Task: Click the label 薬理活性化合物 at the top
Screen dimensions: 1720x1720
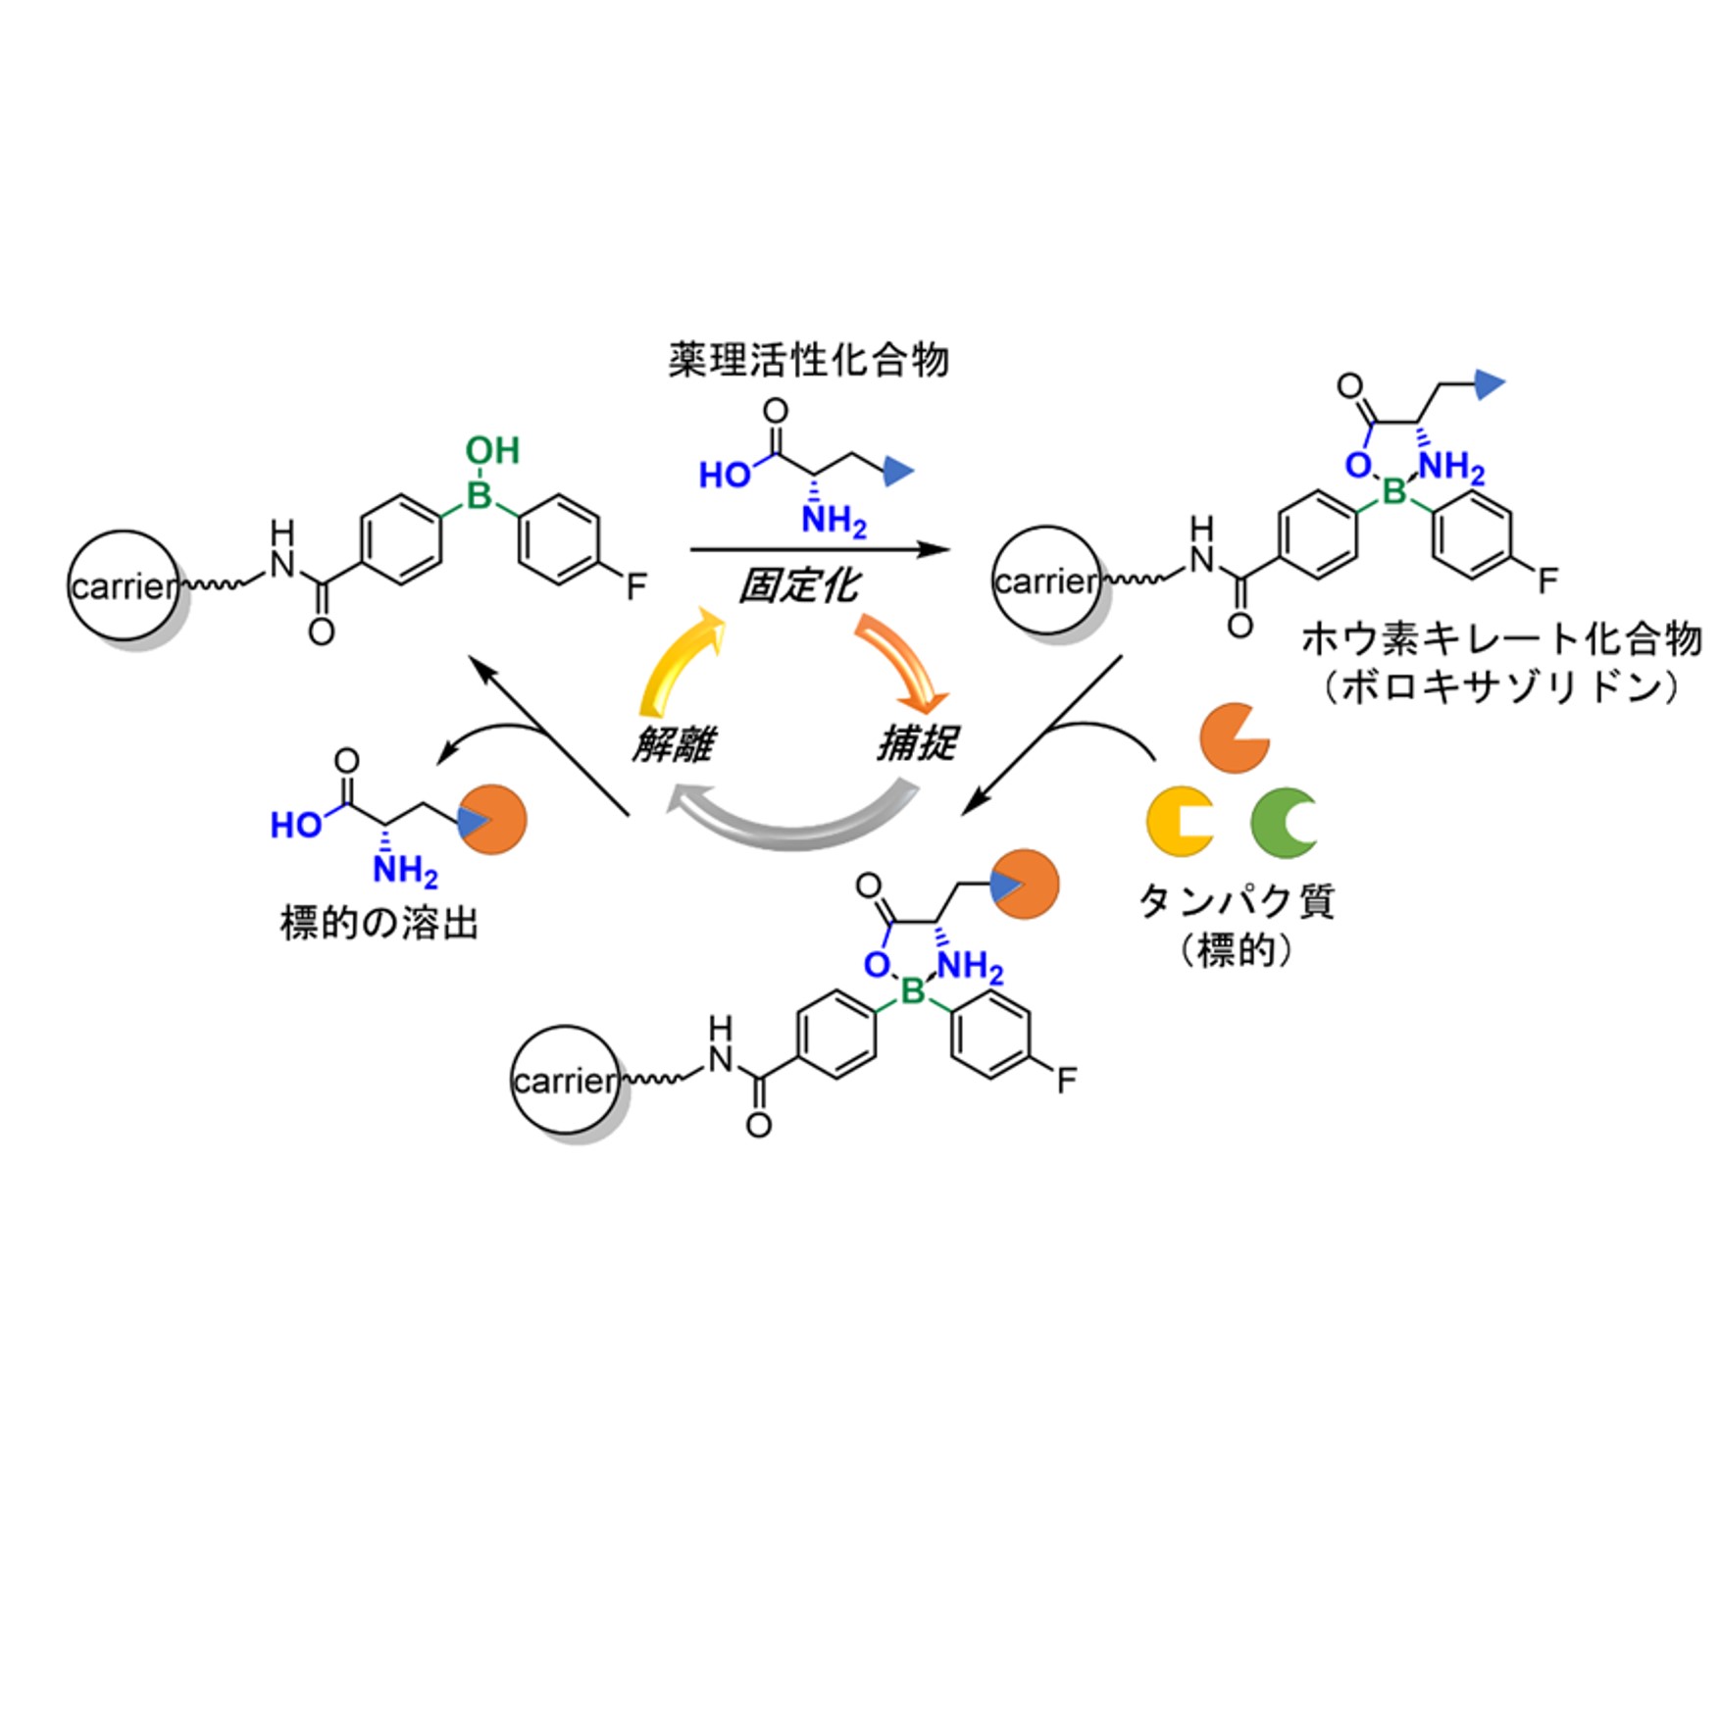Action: pyautogui.click(x=808, y=361)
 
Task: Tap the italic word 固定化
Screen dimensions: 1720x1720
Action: pyautogui.click(x=798, y=586)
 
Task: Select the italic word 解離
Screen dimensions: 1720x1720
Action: pyautogui.click(x=673, y=744)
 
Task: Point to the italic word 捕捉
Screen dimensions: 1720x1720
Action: pyautogui.click(x=917, y=742)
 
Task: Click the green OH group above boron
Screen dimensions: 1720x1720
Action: pyautogui.click(x=492, y=450)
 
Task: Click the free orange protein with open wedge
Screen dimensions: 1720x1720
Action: pyautogui.click(x=1233, y=737)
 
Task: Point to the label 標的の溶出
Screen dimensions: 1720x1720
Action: pyautogui.click(x=379, y=923)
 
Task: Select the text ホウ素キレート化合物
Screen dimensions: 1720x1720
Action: pyautogui.click(x=1501, y=639)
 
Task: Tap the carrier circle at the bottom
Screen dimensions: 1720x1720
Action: pyautogui.click(x=565, y=1081)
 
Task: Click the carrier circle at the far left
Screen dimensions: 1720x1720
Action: pyautogui.click(x=123, y=585)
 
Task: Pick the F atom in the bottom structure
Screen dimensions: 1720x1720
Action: pyautogui.click(x=1066, y=1081)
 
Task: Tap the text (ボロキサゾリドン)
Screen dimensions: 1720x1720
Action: pyautogui.click(x=1501, y=686)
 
